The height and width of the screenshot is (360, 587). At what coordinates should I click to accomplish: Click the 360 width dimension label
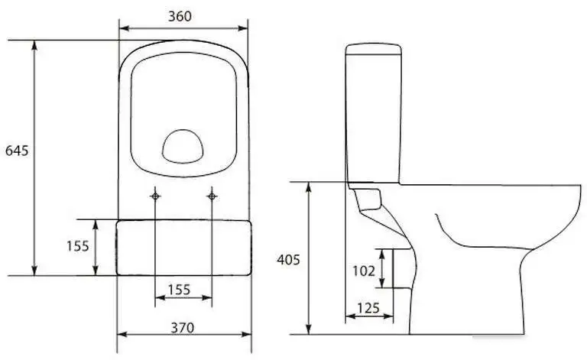click(180, 16)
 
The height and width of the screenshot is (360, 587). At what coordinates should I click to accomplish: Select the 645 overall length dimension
click(17, 151)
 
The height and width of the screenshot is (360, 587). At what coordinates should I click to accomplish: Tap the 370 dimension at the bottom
click(183, 328)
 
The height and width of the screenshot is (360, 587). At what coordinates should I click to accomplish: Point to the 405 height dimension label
click(288, 260)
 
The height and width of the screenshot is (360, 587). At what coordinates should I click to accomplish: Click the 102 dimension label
click(364, 271)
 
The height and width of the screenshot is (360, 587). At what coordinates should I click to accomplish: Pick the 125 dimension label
click(368, 308)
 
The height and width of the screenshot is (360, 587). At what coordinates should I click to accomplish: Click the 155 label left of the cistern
click(78, 246)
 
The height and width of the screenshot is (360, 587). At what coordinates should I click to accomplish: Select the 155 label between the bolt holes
click(179, 289)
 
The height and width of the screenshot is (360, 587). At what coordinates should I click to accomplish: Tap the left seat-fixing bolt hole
click(155, 196)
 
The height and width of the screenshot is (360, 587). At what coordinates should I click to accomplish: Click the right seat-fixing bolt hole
click(212, 196)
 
